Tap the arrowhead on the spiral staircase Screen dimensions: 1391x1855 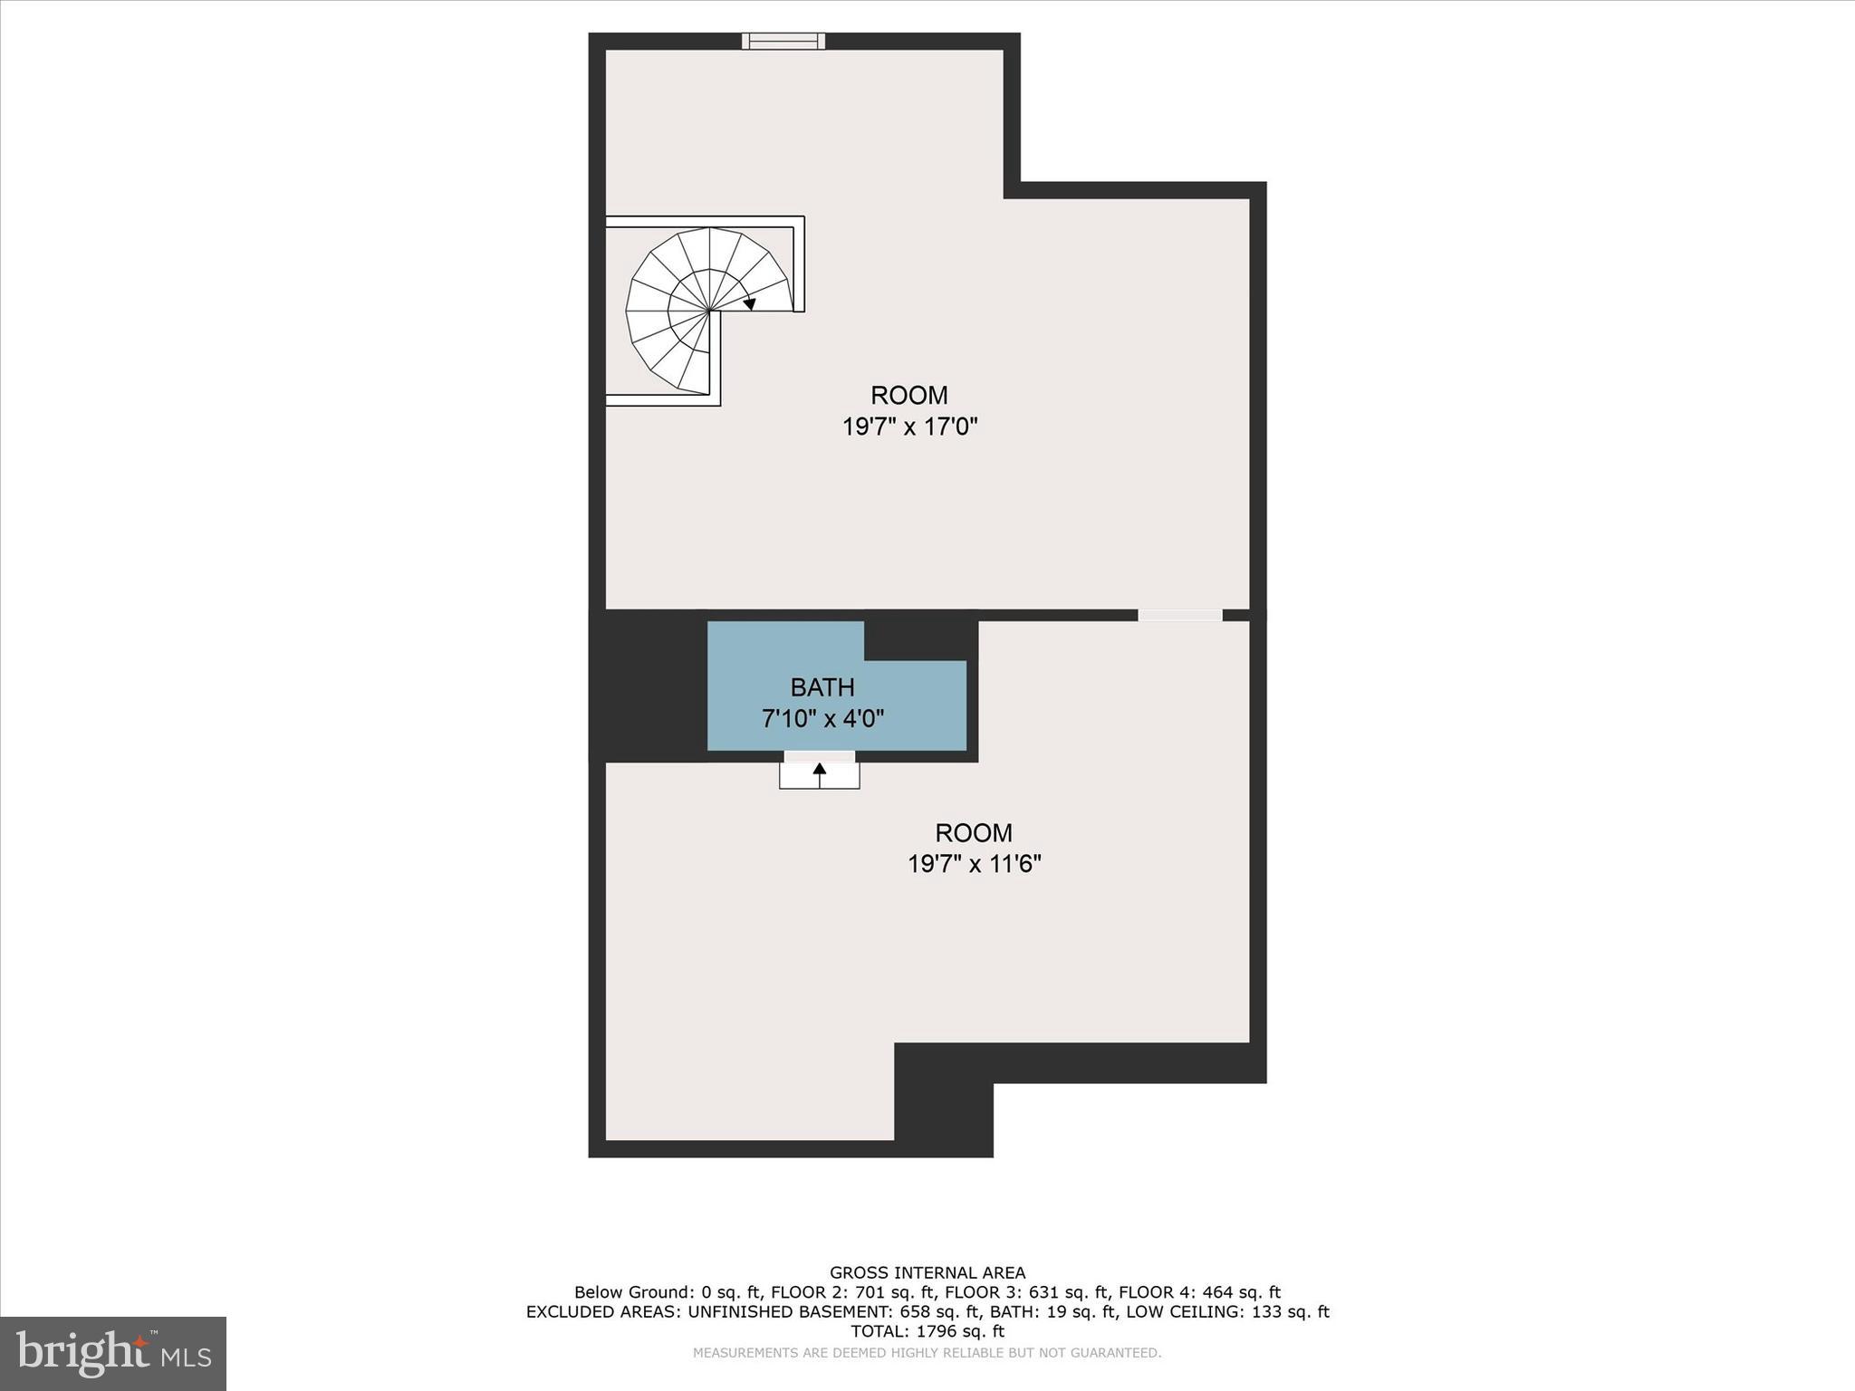pyautogui.click(x=749, y=303)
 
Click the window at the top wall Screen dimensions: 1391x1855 pyautogui.click(x=783, y=41)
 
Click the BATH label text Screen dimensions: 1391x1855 pyautogui.click(x=822, y=688)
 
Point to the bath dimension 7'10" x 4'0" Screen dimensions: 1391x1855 pyautogui.click(x=822, y=719)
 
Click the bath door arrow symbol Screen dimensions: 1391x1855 pyautogui.click(x=820, y=772)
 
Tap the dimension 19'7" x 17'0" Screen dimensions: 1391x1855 pyautogui.click(x=909, y=427)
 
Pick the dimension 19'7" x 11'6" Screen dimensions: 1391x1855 pyautogui.click(x=974, y=864)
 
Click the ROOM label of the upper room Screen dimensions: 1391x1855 pyautogui.click(x=909, y=396)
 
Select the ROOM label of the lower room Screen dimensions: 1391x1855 pyautogui.click(x=974, y=833)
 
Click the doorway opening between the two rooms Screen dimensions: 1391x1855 pyautogui.click(x=1179, y=616)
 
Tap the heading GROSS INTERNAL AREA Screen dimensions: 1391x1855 pyautogui.click(x=927, y=1273)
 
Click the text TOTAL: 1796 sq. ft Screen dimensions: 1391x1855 pyautogui.click(x=927, y=1331)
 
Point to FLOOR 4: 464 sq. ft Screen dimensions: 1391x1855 pyautogui.click(x=1199, y=1292)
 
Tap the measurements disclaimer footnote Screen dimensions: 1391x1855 pyautogui.click(x=927, y=1353)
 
